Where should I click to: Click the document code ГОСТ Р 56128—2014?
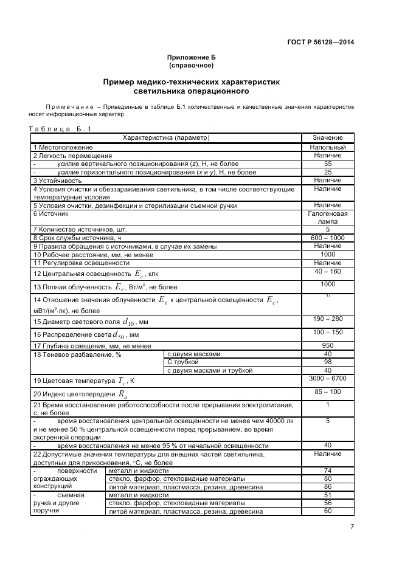pos(321,42)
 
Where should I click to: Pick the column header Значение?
pos(328,138)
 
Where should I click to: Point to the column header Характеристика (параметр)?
pos(166,138)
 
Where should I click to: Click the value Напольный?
pos(328,147)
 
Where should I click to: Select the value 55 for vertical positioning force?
pos(328,164)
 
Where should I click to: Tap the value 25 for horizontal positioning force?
pos(328,172)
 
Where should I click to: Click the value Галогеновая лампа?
pos(328,218)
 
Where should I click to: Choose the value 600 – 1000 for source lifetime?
pos(328,238)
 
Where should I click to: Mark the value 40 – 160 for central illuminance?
pos(328,271)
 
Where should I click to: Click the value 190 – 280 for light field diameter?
pos(328,319)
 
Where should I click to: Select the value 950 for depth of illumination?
pos(328,346)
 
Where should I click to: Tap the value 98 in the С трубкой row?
pos(328,362)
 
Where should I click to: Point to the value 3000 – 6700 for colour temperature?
pos(328,378)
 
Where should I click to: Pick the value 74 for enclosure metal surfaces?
pos(328,471)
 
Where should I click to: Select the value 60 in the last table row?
pos(328,511)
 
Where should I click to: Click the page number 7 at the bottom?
pos(352,527)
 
